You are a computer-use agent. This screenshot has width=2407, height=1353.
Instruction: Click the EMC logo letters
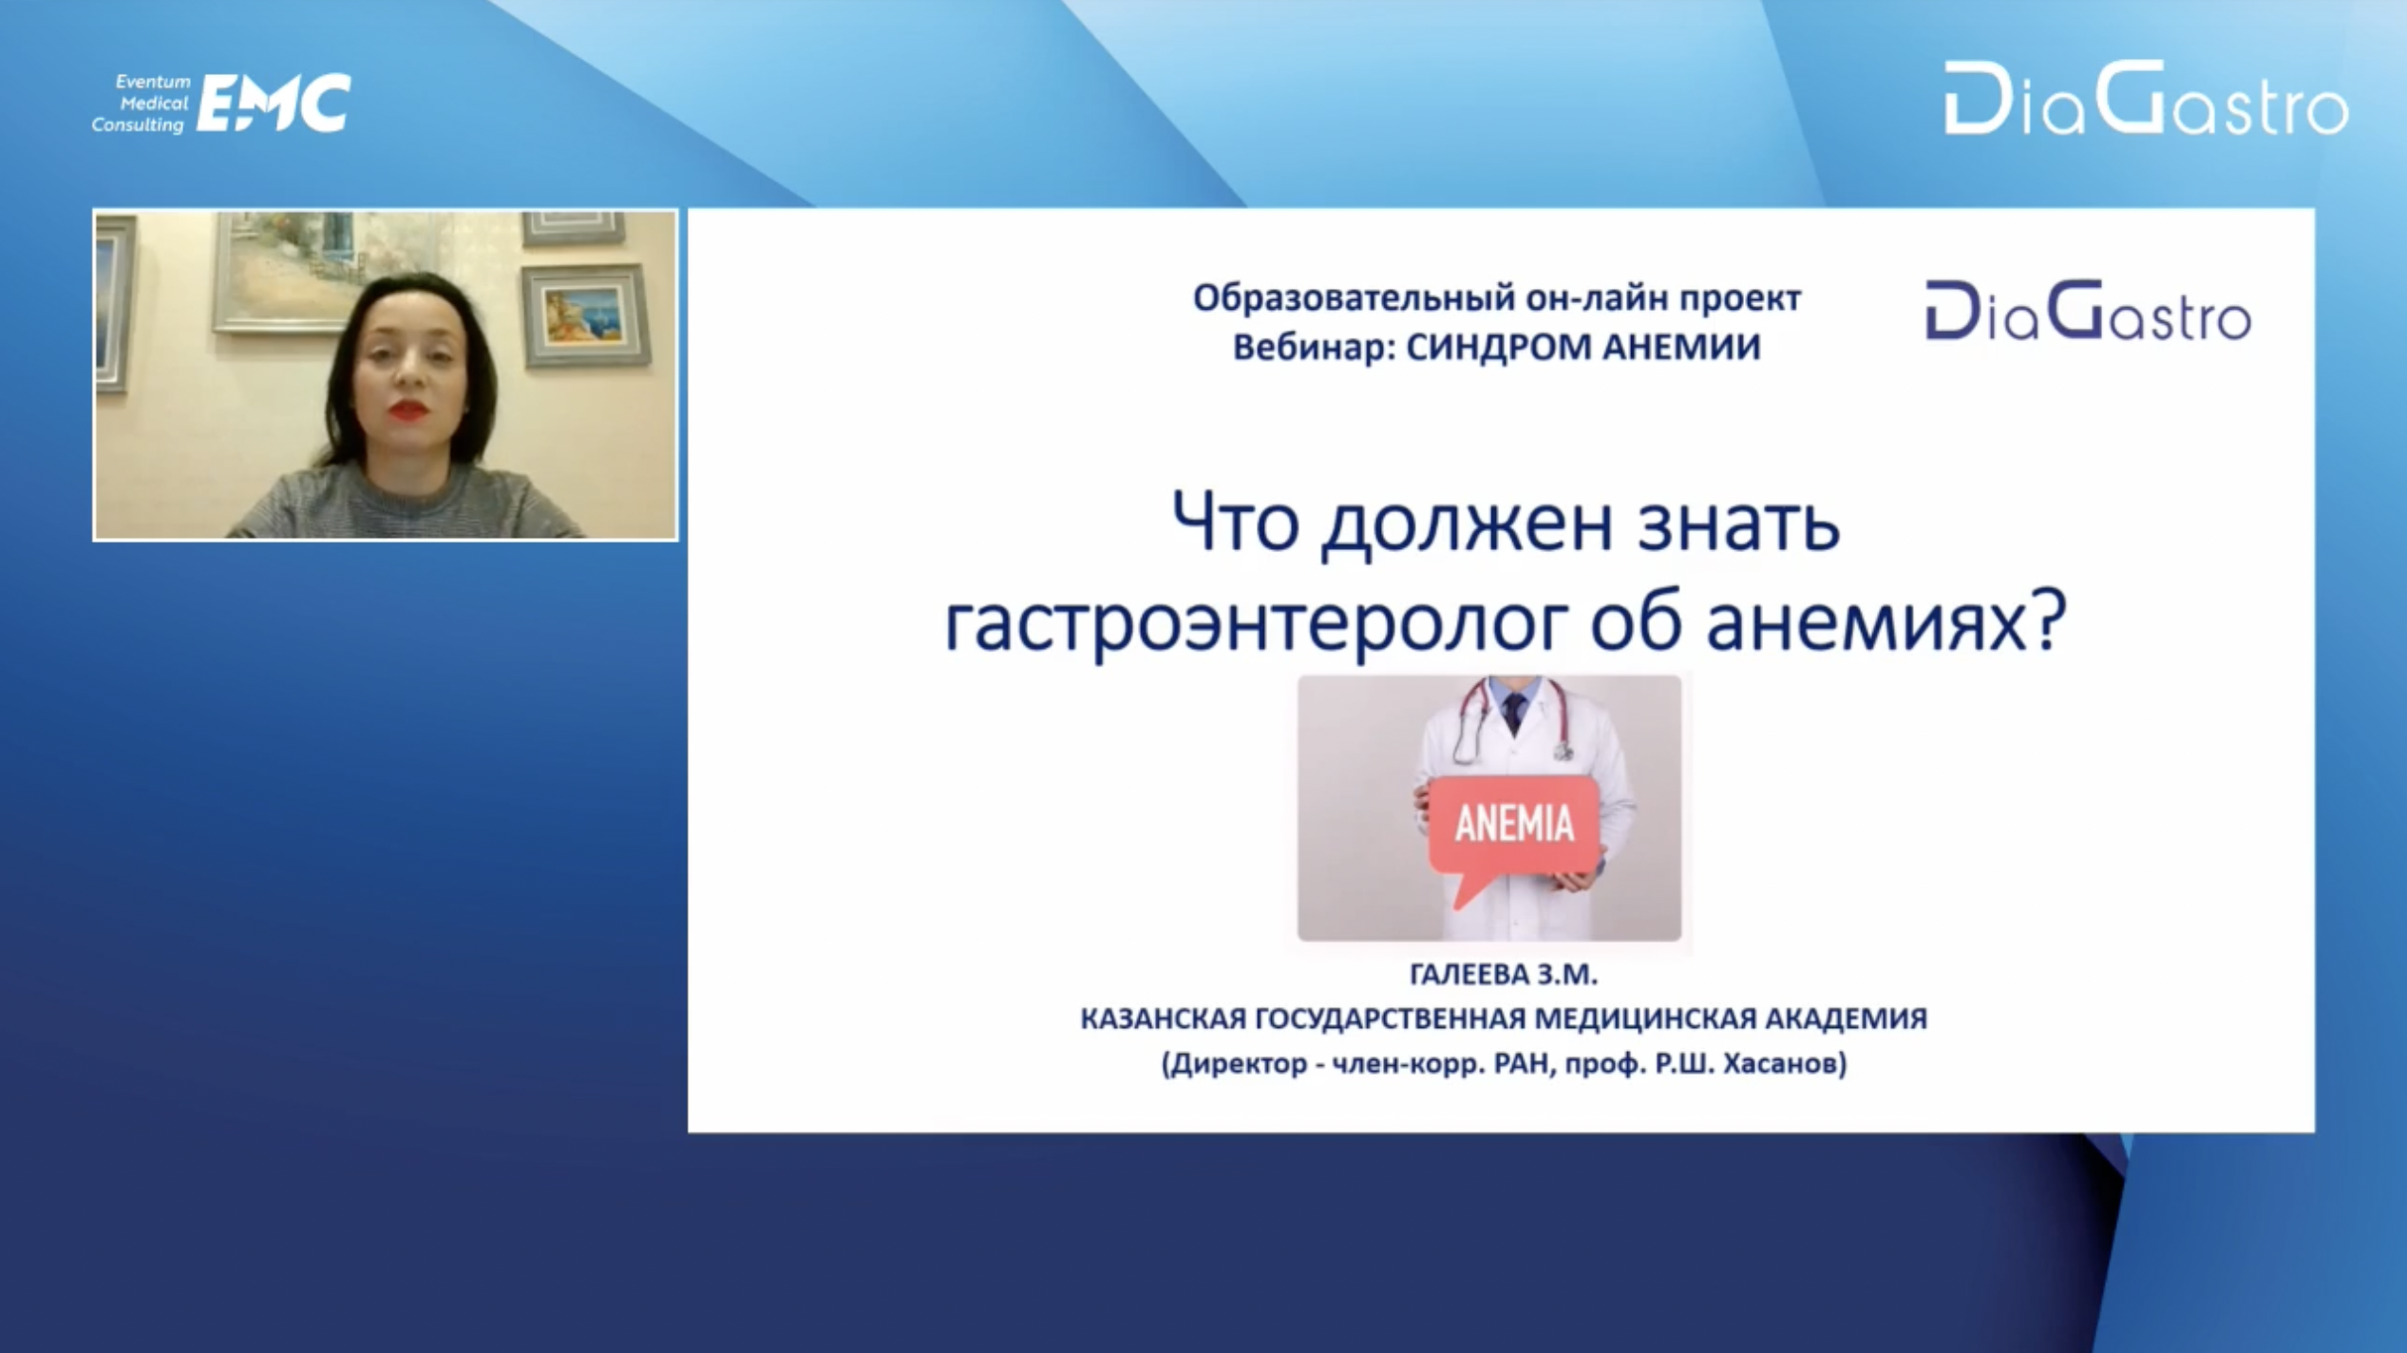coord(274,103)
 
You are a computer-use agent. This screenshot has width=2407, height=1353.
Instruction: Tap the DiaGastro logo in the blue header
coord(2146,98)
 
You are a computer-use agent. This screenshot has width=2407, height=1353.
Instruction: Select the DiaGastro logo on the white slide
coord(2088,311)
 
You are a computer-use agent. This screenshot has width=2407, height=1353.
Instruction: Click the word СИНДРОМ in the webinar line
coord(1498,348)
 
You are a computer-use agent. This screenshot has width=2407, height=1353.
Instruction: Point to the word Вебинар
coord(1315,348)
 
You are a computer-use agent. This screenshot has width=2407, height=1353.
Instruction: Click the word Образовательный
coord(1352,299)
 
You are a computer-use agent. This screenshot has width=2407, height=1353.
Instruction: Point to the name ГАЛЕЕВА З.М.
coord(1504,975)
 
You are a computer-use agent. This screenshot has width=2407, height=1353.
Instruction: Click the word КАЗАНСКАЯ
coord(1163,1020)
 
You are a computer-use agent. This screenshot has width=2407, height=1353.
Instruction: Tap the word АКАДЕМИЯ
coord(1847,1020)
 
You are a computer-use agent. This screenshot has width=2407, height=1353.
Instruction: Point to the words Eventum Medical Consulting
coord(142,104)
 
